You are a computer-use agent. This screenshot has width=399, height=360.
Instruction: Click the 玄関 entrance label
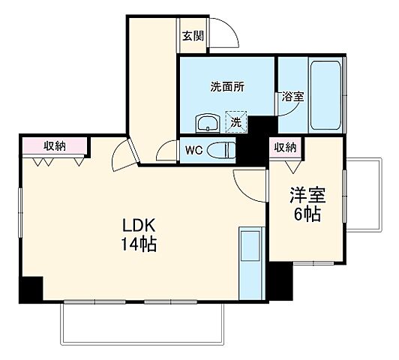tap(193, 36)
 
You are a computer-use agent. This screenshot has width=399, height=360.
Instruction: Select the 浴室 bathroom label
tap(292, 97)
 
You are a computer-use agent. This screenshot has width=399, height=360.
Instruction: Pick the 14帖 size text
tap(140, 244)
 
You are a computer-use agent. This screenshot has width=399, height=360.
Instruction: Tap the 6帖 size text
tap(307, 214)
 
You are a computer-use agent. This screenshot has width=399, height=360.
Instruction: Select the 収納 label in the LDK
tap(54, 146)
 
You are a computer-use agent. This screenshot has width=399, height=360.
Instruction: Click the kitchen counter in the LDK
tap(250, 263)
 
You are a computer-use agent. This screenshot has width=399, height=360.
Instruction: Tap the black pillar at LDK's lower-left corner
tap(31, 288)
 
